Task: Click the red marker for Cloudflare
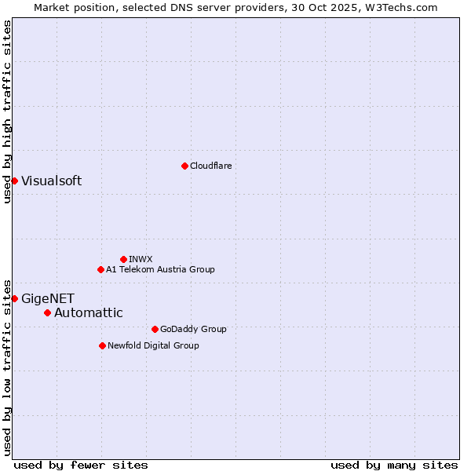click(x=184, y=166)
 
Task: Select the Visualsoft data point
click(x=14, y=181)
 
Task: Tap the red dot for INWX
click(x=123, y=259)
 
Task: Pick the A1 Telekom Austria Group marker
click(x=100, y=269)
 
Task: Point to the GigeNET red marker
click(x=14, y=298)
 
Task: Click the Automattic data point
click(x=47, y=312)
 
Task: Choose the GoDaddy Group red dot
click(x=155, y=329)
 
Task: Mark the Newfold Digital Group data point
click(x=102, y=345)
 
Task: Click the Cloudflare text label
click(x=211, y=166)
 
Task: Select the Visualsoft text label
click(x=51, y=181)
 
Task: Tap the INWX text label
click(x=141, y=259)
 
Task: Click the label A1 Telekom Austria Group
click(x=160, y=269)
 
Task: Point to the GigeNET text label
click(x=48, y=298)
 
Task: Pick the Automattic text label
click(x=88, y=312)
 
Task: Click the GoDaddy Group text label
click(x=193, y=329)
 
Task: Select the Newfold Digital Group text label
click(x=153, y=345)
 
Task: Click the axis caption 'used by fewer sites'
click(x=81, y=465)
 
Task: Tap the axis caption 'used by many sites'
click(x=394, y=465)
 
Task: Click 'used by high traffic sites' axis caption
click(x=7, y=111)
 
